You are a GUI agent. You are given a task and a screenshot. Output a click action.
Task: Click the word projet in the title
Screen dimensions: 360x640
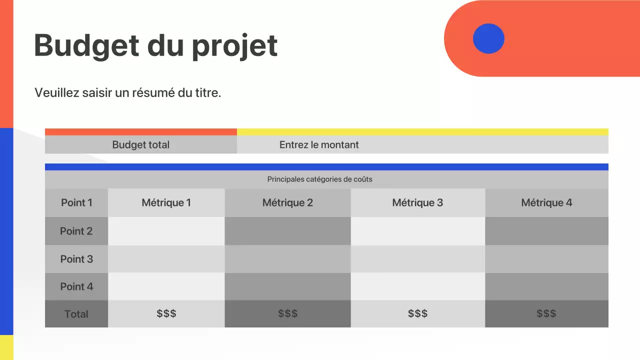pos(234,46)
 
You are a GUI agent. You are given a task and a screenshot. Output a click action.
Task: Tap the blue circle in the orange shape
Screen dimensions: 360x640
pos(488,38)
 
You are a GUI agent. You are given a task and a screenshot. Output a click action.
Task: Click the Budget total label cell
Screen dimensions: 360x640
pos(140,145)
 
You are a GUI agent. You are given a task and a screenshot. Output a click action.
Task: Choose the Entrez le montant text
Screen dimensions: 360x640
pos(319,145)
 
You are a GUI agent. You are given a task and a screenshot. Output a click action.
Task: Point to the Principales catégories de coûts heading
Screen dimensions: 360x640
pos(319,179)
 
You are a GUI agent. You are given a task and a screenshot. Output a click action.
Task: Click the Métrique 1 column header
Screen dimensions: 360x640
pos(166,202)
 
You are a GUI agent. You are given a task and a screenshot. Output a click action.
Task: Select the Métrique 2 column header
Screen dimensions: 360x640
pos(287,202)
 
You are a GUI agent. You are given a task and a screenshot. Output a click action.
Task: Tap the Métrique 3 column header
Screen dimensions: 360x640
pos(417,202)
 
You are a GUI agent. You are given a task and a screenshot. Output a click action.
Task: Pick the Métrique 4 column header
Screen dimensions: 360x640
pos(546,202)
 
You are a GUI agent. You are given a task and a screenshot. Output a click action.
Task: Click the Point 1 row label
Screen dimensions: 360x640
pos(76,202)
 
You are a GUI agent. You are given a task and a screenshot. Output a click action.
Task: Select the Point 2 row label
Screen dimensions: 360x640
pos(76,231)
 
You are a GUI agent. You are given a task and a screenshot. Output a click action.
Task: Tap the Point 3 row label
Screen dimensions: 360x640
pos(76,259)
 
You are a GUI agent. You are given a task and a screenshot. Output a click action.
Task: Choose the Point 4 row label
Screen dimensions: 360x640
pos(76,286)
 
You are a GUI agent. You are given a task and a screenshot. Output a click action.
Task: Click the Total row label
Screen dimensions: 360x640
pos(76,314)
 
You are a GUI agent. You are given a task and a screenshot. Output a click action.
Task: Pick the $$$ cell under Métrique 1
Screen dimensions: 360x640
pos(166,313)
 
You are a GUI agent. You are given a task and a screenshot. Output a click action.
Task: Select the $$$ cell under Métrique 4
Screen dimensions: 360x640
pos(546,313)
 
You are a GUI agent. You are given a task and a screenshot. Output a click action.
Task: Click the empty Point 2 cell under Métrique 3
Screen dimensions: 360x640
pos(417,231)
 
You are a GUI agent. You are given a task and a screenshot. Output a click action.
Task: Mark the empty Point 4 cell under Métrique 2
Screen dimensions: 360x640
pos(287,286)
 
